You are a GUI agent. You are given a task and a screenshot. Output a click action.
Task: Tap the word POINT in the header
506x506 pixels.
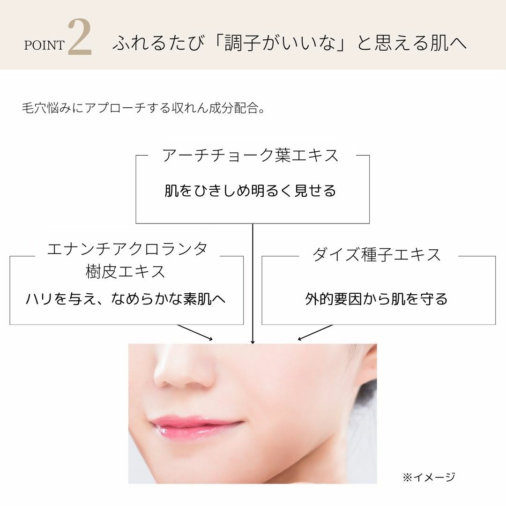click(44, 45)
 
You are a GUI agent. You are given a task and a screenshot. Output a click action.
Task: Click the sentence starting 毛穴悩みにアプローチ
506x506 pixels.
click(144, 109)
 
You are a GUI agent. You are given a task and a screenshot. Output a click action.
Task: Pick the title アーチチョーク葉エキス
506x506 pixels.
click(251, 155)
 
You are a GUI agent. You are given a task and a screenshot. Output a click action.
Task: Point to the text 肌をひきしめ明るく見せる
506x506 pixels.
click(251, 191)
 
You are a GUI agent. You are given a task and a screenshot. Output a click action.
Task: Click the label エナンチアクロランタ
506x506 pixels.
click(127, 249)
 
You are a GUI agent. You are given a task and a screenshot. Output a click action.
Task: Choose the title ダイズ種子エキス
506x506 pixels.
click(377, 254)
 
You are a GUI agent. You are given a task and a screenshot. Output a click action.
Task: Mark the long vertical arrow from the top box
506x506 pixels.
click(253, 283)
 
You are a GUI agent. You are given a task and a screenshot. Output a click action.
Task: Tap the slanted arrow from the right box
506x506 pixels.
click(315, 332)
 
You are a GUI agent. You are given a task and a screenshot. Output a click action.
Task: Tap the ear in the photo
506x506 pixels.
click(368, 370)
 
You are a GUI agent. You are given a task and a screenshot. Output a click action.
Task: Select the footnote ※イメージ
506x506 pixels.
click(428, 477)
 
